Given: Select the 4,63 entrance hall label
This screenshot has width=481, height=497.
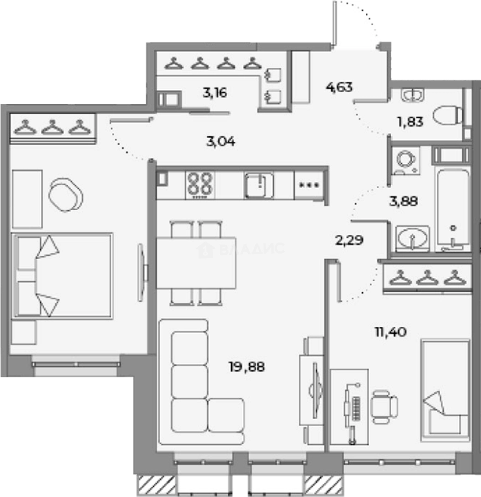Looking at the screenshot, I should point(339,86).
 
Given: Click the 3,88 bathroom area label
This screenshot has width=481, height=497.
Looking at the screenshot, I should point(404,201).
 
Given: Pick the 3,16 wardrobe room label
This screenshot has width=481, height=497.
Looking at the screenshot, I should point(215,92).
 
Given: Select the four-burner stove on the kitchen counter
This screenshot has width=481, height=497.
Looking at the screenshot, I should point(200,185).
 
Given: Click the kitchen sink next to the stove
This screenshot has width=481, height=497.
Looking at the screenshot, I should point(259,185).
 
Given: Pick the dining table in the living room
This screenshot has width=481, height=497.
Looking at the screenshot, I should point(196,263).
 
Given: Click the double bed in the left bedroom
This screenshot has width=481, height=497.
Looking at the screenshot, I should point(63,276).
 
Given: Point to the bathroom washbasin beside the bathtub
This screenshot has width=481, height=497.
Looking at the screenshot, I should point(412,238).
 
